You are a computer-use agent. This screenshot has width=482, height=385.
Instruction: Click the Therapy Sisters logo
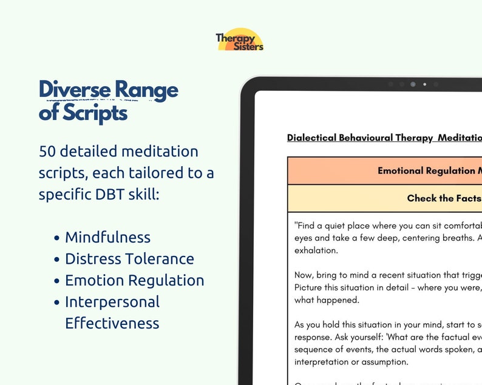click(240, 40)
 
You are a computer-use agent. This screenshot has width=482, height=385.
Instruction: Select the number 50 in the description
click(48, 151)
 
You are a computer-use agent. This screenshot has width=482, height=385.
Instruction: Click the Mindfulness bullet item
click(107, 237)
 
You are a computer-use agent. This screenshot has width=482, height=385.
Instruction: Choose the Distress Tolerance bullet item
click(129, 259)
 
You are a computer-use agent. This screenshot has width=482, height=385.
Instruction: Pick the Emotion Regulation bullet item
click(134, 280)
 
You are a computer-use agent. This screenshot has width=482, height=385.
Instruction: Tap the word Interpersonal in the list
click(112, 301)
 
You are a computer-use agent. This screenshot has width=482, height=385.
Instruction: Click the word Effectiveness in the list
click(112, 323)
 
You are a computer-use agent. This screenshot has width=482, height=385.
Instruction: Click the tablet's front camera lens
click(413, 84)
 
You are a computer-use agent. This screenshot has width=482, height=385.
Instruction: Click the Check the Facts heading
click(444, 198)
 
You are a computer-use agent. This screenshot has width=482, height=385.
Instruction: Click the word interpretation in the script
click(322, 362)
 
